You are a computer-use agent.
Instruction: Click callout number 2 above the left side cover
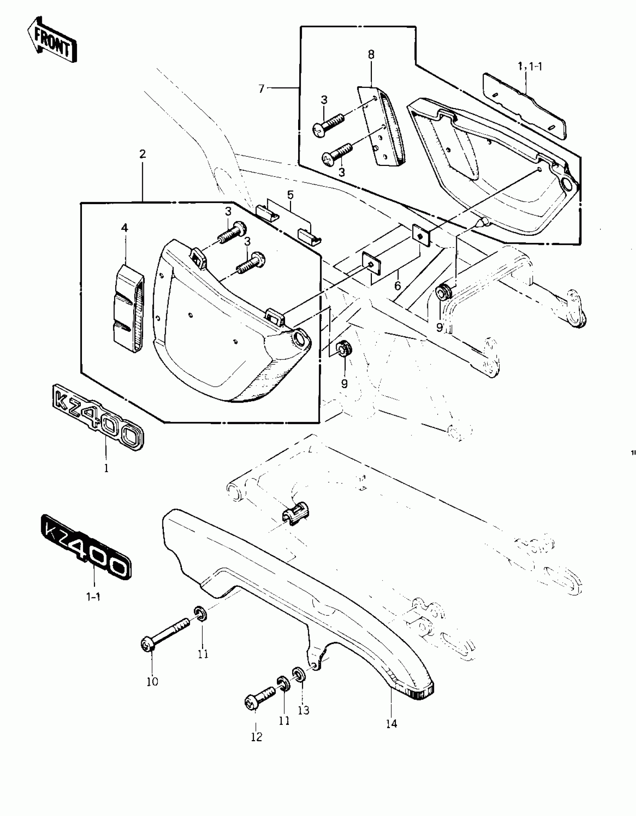(x=142, y=154)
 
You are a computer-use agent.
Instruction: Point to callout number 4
(x=125, y=228)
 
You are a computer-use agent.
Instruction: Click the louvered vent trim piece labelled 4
(x=128, y=309)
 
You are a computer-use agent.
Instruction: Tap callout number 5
(x=290, y=195)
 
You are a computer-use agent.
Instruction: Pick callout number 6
(x=397, y=286)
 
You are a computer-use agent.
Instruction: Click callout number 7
(x=261, y=89)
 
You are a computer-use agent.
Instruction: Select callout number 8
(x=371, y=55)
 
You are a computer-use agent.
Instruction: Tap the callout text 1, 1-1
(x=530, y=67)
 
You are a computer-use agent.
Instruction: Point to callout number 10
(x=152, y=681)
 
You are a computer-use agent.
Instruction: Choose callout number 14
(x=391, y=724)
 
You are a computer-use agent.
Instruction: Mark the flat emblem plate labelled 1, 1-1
(x=524, y=106)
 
